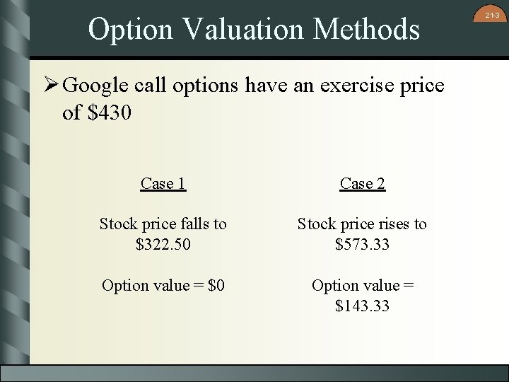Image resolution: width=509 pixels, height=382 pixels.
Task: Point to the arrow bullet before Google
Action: click(x=51, y=86)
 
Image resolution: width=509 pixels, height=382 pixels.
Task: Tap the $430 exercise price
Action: click(x=110, y=112)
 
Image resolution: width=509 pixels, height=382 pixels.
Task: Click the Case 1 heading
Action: click(x=163, y=184)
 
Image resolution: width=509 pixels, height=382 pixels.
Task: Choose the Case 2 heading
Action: click(x=362, y=184)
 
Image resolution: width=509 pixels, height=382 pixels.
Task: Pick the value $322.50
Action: click(x=163, y=245)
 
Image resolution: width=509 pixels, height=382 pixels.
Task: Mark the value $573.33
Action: click(x=362, y=245)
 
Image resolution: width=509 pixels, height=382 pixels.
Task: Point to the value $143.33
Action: click(x=362, y=306)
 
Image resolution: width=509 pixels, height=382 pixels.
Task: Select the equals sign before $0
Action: click(x=197, y=286)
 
